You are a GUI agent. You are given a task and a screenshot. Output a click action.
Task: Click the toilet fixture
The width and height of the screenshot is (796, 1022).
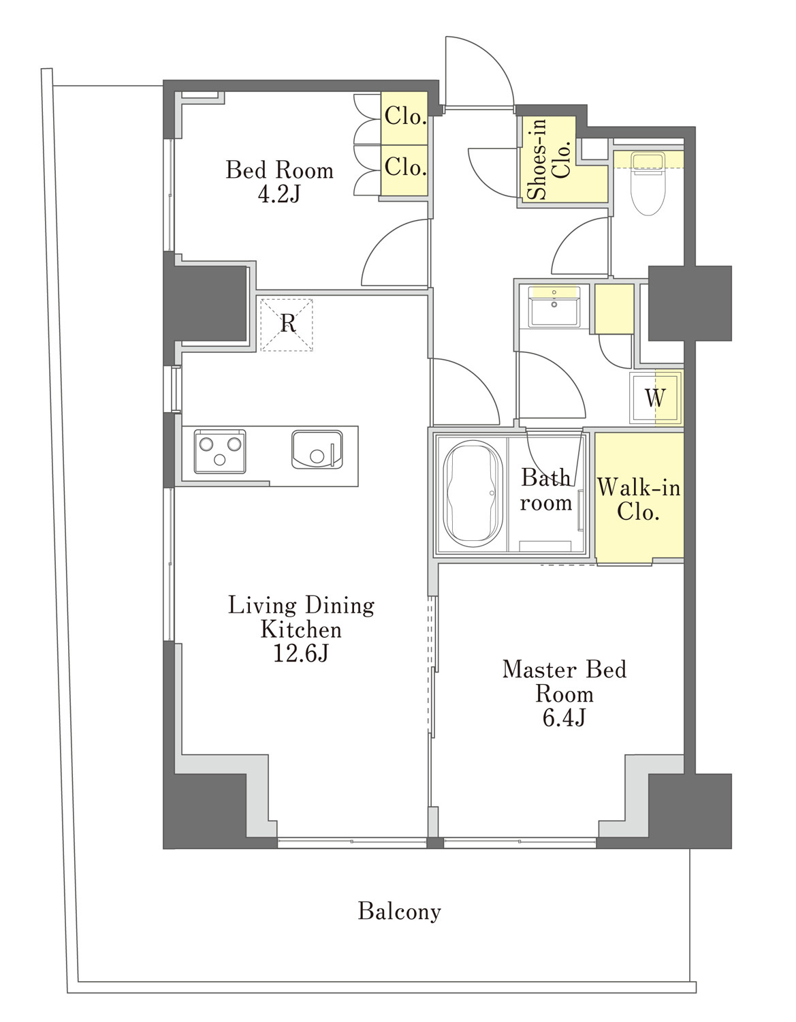tap(648, 183)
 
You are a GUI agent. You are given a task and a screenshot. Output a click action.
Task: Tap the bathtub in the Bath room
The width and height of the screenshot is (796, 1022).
tap(471, 493)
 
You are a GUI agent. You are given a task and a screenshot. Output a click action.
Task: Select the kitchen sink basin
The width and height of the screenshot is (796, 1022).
tap(316, 450)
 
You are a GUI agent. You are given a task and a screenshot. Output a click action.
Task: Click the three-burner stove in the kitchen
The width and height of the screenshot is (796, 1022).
tap(219, 450)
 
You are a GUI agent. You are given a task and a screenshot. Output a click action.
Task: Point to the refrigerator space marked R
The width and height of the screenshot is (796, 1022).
tap(287, 324)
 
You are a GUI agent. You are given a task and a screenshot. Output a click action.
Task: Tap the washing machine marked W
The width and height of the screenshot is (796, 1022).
tap(656, 399)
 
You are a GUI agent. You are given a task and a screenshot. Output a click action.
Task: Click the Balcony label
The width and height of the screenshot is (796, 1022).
tap(400, 911)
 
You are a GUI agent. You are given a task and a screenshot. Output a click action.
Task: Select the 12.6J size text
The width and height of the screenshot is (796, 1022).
tap(300, 653)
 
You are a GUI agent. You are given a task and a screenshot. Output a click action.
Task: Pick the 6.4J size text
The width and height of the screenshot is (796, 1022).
tap(564, 718)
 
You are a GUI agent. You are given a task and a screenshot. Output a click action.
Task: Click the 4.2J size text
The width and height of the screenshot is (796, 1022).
tap(279, 193)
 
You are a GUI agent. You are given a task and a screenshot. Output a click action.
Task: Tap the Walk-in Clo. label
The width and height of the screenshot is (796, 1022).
tap(639, 499)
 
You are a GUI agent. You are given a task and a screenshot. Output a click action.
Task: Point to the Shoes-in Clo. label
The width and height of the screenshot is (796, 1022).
tap(549, 159)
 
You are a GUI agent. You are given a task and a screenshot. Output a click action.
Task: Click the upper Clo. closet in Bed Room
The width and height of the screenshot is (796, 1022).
tap(404, 118)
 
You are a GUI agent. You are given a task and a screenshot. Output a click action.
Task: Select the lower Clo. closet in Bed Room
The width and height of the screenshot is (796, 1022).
tap(404, 170)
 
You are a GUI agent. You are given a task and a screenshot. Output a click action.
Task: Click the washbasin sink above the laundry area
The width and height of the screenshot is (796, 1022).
tap(554, 306)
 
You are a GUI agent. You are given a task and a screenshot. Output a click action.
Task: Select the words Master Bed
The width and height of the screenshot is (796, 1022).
tap(564, 670)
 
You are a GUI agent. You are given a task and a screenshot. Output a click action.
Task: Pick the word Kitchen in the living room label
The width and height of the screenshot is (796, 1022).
tap(301, 630)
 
